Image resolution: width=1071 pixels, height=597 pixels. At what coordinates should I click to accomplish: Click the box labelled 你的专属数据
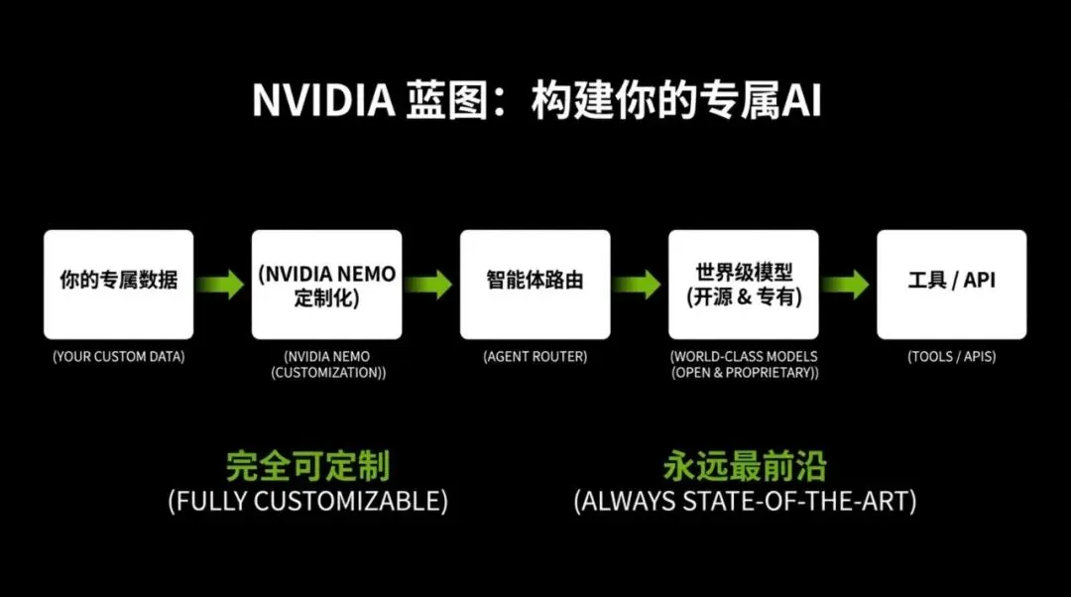[118, 284]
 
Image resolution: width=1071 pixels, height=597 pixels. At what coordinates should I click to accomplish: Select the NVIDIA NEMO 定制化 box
[326, 284]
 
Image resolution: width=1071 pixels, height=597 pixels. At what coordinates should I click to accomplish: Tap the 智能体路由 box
[535, 284]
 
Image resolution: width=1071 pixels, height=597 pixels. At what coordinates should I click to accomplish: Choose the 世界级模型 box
[743, 284]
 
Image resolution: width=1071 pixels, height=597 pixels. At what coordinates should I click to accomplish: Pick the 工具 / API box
[951, 284]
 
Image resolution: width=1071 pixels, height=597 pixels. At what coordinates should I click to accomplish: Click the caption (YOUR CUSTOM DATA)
[118, 356]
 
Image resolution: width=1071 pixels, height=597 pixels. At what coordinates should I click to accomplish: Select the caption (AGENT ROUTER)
[535, 356]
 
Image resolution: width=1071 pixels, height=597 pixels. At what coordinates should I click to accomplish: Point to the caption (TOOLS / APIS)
[951, 356]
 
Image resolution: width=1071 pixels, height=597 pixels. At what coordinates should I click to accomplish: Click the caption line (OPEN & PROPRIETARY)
[744, 372]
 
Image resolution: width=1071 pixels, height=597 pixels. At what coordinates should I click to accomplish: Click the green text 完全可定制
[307, 466]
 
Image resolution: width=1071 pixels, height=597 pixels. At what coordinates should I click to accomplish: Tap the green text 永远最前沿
[744, 466]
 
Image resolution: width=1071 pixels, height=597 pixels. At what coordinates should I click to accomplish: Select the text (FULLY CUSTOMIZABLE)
[307, 501]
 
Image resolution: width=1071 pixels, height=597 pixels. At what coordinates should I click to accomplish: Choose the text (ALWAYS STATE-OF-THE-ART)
[744, 501]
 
